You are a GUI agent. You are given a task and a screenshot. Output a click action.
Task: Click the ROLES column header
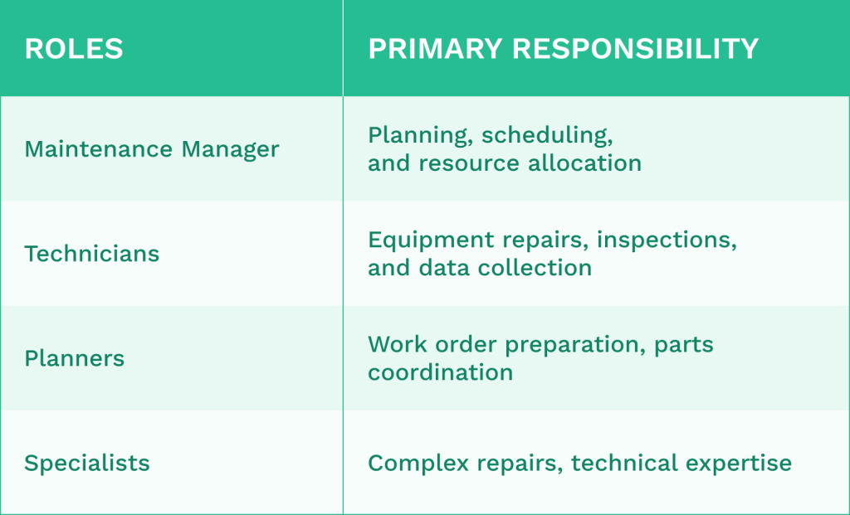[x=74, y=49]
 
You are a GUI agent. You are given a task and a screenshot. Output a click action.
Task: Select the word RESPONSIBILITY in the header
[x=636, y=49]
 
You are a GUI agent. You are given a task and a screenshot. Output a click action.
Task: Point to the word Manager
[x=231, y=149]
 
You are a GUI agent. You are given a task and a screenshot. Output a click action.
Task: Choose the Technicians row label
[x=91, y=254]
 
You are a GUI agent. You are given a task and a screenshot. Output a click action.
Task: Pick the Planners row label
[x=74, y=358]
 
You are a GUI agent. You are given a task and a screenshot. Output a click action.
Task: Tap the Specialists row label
[x=87, y=463]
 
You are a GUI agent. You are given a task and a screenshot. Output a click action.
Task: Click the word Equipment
[x=431, y=240]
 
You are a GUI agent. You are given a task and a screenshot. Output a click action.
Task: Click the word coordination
[x=440, y=372]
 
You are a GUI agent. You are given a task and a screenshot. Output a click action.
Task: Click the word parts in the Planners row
[x=684, y=344]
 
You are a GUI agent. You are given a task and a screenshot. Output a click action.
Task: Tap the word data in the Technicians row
[x=452, y=268]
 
